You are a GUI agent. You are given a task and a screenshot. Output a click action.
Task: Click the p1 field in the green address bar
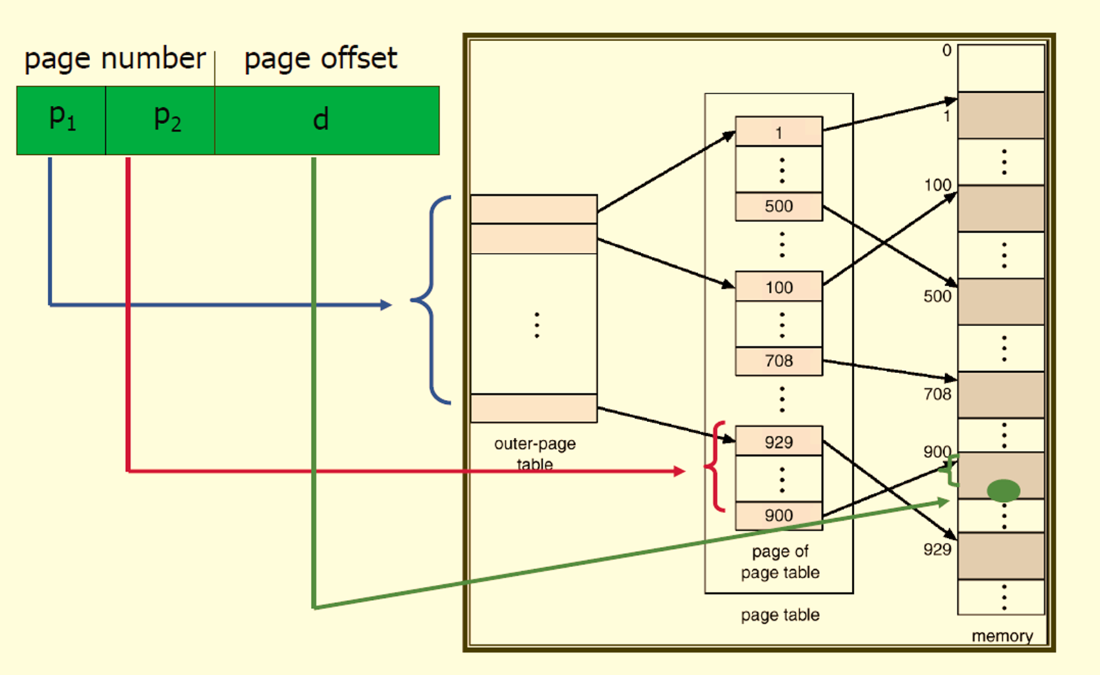61,120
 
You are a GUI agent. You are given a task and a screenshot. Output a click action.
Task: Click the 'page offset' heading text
320,59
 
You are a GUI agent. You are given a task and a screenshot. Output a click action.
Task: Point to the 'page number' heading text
115,59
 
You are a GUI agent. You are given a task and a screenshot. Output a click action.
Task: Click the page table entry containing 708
779,361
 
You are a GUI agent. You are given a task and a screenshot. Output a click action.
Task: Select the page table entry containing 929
779,442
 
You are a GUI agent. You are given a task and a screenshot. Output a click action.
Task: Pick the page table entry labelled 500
779,206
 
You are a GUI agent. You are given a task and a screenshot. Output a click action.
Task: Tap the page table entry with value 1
779,132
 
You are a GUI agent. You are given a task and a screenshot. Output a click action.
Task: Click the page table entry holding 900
779,516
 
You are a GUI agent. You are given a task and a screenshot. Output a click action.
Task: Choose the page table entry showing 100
779,287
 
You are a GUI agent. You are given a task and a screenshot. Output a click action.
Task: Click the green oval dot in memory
1003,491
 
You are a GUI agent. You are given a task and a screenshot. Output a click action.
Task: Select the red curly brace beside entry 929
715,467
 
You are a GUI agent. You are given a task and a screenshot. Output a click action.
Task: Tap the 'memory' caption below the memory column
1002,636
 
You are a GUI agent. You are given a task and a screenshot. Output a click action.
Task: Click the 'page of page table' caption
780,562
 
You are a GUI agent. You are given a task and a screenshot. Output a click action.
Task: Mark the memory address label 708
937,394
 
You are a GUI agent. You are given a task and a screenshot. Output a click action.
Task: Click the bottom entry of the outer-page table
534,408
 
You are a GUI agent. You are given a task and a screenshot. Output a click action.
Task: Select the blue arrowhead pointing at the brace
386,305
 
